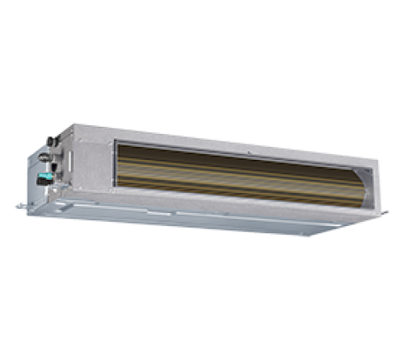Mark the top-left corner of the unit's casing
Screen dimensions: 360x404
(75, 123)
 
